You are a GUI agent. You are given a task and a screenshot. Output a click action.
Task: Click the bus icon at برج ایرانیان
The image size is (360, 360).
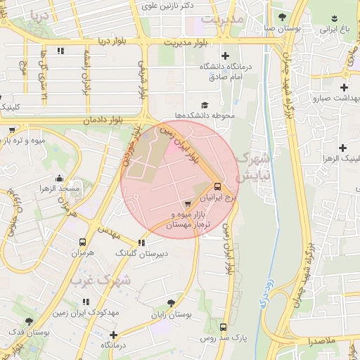pyautogui.click(x=217, y=187)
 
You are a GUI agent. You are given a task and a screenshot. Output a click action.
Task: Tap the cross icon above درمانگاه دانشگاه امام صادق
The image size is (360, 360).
pyautogui.click(x=225, y=56)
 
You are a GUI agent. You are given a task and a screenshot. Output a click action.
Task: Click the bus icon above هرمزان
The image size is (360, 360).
pyautogui.click(x=83, y=240)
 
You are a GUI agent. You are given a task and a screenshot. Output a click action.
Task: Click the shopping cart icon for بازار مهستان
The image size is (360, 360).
pyautogui.click(x=186, y=204)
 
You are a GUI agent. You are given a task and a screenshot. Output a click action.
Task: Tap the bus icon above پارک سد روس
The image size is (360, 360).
pyautogui.click(x=224, y=327)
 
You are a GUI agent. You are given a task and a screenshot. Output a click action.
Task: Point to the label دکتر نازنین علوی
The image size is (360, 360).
pyautogui.click(x=168, y=6)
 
